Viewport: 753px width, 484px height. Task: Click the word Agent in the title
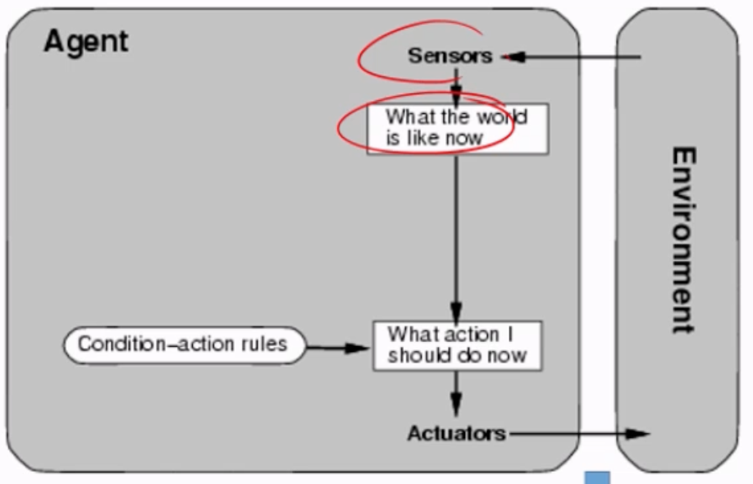pos(85,40)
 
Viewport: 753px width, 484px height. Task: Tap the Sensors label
pos(450,56)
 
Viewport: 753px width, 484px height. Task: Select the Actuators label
pos(456,433)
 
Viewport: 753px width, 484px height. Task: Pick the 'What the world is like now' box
pos(457,129)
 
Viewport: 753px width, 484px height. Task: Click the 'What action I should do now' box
pos(457,345)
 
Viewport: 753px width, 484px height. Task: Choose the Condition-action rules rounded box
pos(183,344)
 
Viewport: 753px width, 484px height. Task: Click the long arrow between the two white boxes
pos(457,238)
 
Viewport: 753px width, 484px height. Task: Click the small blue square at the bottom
pos(596,477)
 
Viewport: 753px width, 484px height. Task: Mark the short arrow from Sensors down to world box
pos(457,87)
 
